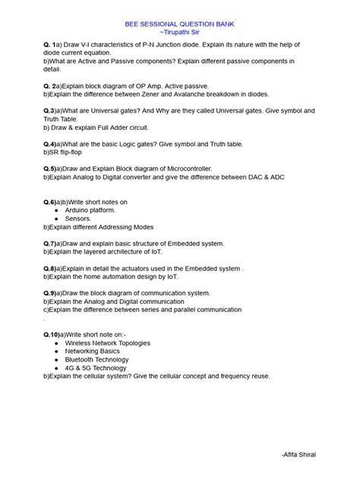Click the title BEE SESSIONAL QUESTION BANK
180,24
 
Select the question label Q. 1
52,47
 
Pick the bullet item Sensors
77,218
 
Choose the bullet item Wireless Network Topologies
108,343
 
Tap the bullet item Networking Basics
93,351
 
